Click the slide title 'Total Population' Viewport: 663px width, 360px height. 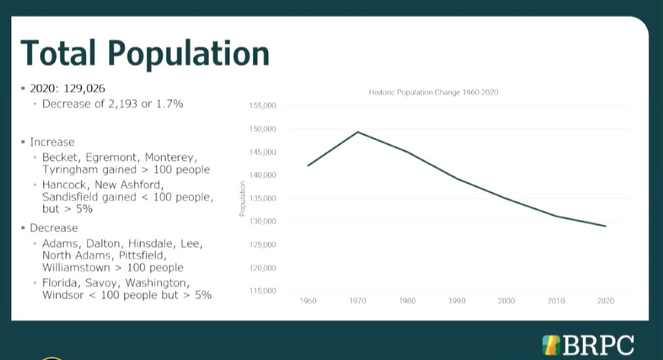[145, 53]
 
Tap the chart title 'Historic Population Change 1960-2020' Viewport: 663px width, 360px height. [434, 93]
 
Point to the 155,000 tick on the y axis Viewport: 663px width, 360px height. [263, 106]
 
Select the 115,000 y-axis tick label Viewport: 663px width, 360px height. [263, 291]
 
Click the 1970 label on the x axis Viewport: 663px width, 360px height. [357, 301]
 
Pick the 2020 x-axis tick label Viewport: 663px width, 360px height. [605, 301]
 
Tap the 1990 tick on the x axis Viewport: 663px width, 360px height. [457, 301]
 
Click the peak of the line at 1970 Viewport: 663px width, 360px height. [357, 132]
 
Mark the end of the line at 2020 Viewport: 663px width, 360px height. [605, 226]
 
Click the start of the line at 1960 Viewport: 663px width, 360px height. [308, 166]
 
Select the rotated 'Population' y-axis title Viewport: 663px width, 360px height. [242, 199]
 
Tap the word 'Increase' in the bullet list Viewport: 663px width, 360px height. [52, 142]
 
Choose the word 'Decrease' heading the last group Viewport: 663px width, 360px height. [54, 228]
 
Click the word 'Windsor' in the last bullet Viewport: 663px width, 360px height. [62, 295]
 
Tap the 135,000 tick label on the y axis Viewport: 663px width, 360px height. [263, 198]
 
